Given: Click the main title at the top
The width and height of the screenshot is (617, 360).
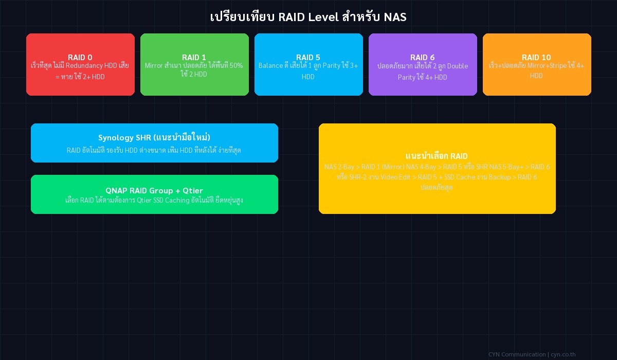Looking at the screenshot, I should [308, 17].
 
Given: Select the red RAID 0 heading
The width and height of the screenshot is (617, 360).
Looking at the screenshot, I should [80, 57].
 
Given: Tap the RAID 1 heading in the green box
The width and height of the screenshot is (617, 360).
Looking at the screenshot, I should [194, 57].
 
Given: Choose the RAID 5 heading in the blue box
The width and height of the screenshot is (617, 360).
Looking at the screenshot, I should [308, 57].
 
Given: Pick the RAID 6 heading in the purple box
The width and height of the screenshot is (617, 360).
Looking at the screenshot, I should [422, 57].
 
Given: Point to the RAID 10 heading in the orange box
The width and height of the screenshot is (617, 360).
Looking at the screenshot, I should [536, 57].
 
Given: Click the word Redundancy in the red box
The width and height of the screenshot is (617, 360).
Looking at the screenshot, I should [84, 66].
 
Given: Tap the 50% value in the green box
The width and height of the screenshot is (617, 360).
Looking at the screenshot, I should [235, 66].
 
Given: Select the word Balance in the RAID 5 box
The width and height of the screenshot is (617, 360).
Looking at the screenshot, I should [270, 66].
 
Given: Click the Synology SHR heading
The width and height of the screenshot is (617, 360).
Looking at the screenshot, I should [154, 137].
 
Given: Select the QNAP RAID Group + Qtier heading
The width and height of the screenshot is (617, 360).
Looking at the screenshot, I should [154, 190].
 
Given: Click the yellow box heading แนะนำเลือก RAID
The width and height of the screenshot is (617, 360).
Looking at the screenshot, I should [437, 156].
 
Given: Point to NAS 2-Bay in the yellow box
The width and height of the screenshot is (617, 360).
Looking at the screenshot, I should [339, 167].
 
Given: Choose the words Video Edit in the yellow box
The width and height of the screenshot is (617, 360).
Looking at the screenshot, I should [395, 177].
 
